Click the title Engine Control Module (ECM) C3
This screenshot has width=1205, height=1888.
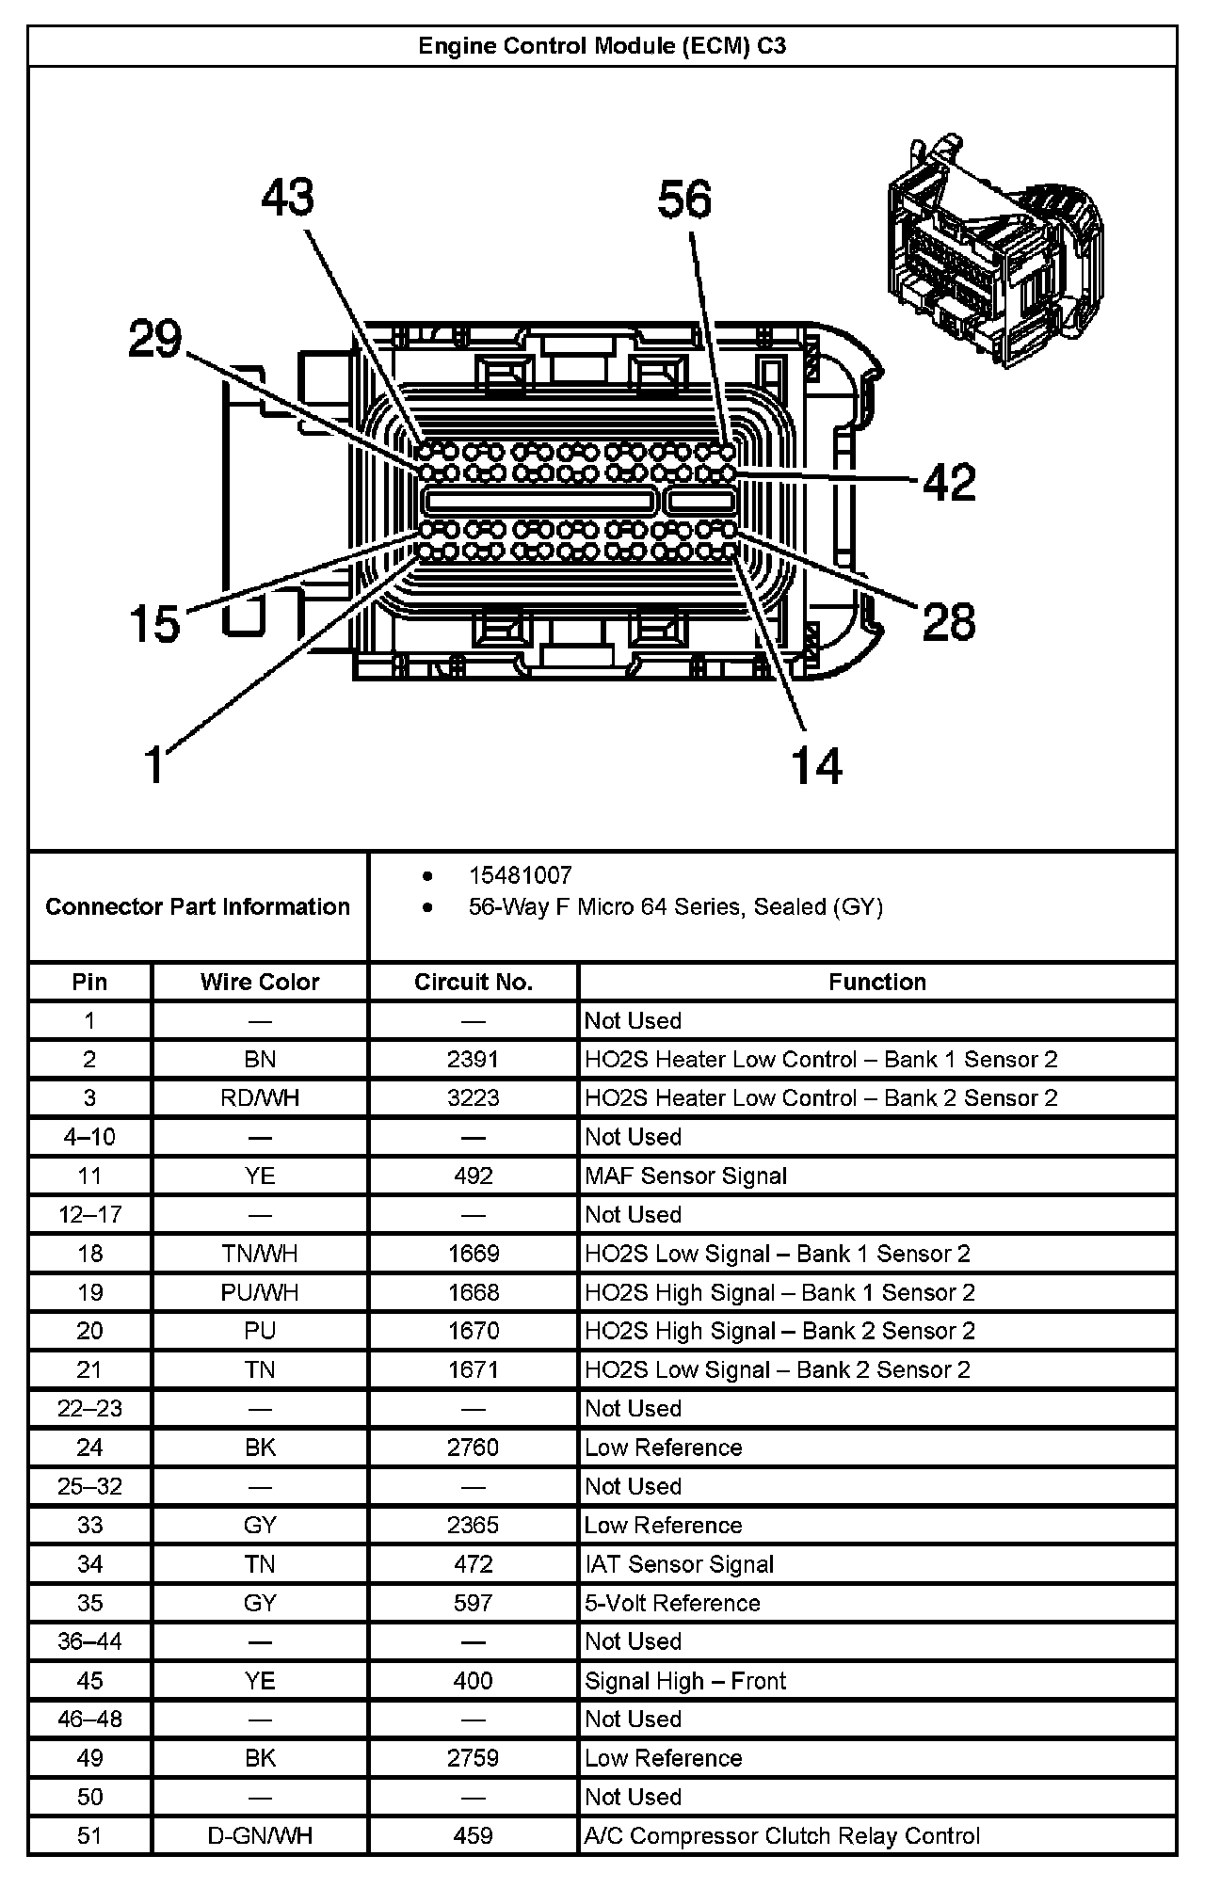602,46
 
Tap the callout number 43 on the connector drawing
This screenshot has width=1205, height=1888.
288,198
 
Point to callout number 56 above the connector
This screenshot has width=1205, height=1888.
684,200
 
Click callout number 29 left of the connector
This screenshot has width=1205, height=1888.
155,339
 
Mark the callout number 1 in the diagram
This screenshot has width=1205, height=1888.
153,763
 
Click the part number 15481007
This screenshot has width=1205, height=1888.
521,876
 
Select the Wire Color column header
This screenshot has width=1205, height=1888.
260,982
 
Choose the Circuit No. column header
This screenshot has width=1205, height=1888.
474,982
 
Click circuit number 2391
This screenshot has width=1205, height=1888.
474,1059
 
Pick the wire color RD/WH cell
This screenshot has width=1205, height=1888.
260,1097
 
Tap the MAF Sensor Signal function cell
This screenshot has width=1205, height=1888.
685,1176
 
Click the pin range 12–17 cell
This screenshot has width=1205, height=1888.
90,1214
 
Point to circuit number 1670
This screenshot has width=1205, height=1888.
474,1331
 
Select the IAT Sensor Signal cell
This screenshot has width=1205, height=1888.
679,1564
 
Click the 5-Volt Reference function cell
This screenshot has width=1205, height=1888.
672,1603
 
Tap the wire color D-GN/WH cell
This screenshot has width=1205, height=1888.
260,1835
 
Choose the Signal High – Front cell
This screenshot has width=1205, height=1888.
685,1681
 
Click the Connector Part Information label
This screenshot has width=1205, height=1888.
198,906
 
